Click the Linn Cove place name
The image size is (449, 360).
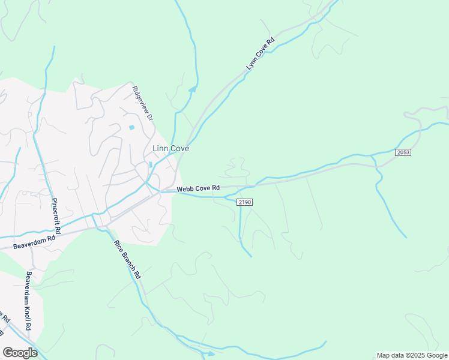[x=171, y=148]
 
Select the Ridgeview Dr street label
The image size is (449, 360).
[x=143, y=103]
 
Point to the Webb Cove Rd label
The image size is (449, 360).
[x=198, y=188]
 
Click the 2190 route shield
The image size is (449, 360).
[x=244, y=202]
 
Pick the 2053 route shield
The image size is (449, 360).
[x=403, y=152]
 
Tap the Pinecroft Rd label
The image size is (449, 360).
[x=56, y=216]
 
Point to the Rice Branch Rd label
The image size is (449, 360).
[x=128, y=259]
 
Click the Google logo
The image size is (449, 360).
[x=20, y=352]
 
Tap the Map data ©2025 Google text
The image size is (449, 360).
[x=411, y=355]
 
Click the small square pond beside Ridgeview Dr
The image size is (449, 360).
[x=131, y=127]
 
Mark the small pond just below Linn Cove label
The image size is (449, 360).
[x=150, y=164]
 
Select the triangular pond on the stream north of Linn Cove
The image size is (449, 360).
[x=192, y=90]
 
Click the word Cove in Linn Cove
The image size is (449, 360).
[x=179, y=148]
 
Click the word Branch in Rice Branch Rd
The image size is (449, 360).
[x=128, y=261]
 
